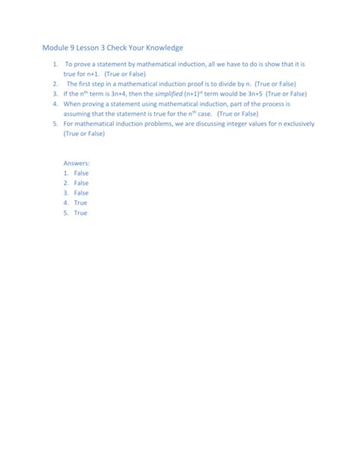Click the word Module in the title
tap(57, 47)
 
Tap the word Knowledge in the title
tap(161, 47)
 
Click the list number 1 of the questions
tap(55, 66)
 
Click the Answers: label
tap(77, 163)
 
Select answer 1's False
tap(81, 173)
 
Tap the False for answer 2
tap(81, 183)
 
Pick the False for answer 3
tap(81, 193)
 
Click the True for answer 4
tap(81, 203)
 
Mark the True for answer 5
tap(81, 213)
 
